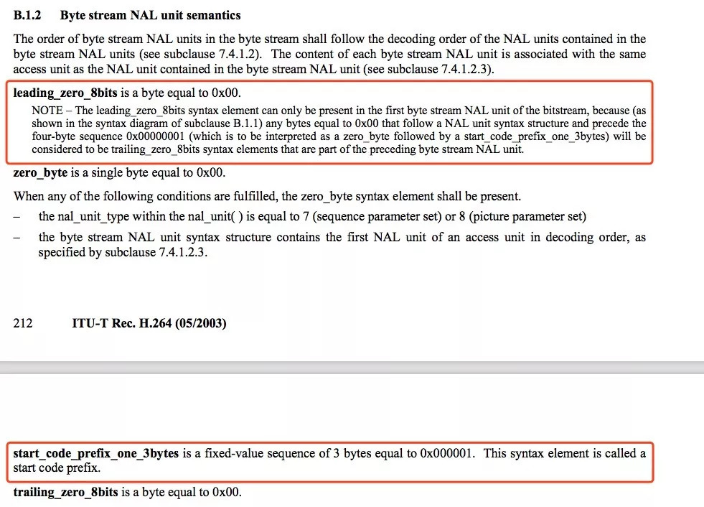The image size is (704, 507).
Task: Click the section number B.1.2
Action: [29, 15]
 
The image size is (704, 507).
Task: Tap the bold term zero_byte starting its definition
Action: [41, 173]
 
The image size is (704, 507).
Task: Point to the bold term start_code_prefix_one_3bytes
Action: [96, 454]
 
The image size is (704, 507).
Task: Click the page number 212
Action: [23, 323]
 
